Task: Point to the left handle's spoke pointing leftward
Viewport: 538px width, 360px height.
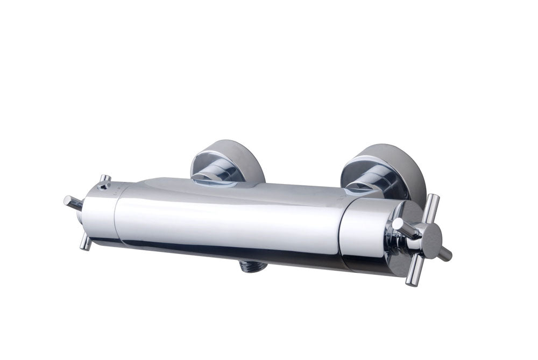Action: click(x=73, y=202)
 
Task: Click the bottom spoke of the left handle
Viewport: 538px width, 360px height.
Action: click(x=86, y=242)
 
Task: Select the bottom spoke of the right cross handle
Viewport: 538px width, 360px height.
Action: click(x=412, y=272)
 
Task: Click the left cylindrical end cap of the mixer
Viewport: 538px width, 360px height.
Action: click(x=100, y=215)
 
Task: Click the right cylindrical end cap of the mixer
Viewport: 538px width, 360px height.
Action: click(x=366, y=231)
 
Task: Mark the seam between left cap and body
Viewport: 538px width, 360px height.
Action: click(x=116, y=215)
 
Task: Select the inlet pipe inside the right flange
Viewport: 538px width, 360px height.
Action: click(x=371, y=183)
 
